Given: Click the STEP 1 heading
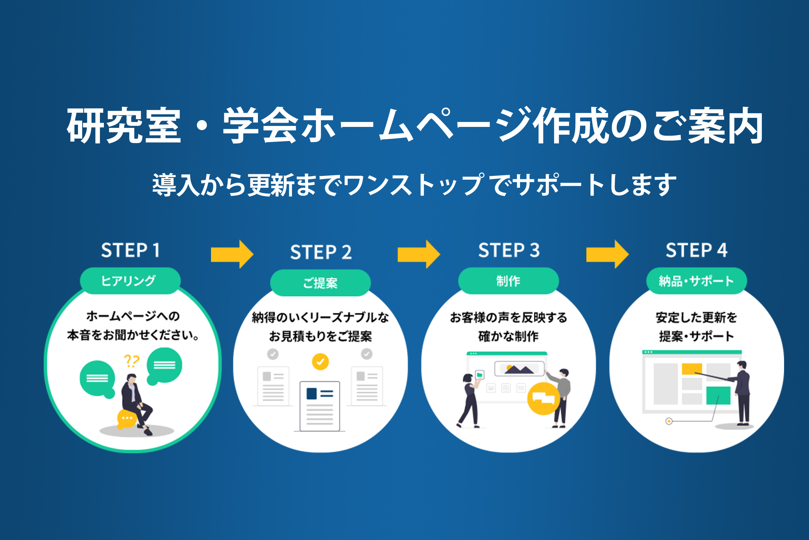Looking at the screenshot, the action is coord(130,250).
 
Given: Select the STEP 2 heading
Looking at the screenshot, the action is coord(321,252).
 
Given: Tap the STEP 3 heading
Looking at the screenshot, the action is coord(509,250).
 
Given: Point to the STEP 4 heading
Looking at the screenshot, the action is coord(696,250).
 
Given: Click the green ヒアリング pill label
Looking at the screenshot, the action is coord(130,281).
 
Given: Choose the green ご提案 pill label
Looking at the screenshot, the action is coord(320,283).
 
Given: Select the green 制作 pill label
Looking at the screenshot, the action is coord(508,281).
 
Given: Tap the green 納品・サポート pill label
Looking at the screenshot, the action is coord(697,281).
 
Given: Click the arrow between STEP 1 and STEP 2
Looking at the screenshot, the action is coord(232,254).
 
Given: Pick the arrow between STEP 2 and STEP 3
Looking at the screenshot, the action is coord(419,254).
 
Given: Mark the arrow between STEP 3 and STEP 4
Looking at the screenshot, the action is coord(607,254).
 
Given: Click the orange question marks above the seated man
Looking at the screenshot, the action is coord(131,361).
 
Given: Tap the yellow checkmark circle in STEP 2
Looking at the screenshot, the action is coord(320,362).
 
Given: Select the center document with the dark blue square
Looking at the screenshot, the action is coord(320,406).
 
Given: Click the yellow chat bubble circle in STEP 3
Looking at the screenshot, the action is coord(543,399).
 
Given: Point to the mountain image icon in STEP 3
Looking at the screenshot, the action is coord(519,369).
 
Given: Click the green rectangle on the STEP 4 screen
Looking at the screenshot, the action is coord(718,395).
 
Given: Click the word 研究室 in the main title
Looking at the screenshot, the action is coord(124,125).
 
